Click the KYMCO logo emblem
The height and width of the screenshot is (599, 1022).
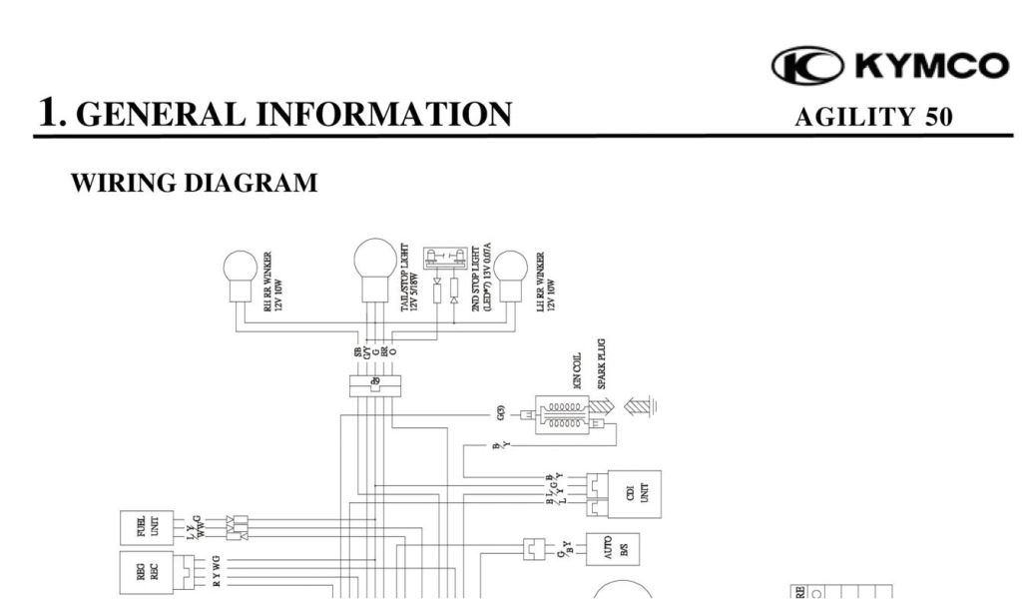[807, 66]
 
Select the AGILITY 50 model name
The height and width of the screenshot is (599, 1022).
[872, 117]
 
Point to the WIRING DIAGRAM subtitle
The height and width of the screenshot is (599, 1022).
[195, 183]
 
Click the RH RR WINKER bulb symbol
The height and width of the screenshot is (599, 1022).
[240, 275]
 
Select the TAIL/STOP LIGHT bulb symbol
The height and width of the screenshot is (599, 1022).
[375, 267]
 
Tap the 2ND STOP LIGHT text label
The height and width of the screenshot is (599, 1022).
[481, 278]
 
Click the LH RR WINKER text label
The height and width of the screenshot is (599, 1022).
[545, 284]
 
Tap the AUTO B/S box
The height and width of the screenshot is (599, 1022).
[615, 548]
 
